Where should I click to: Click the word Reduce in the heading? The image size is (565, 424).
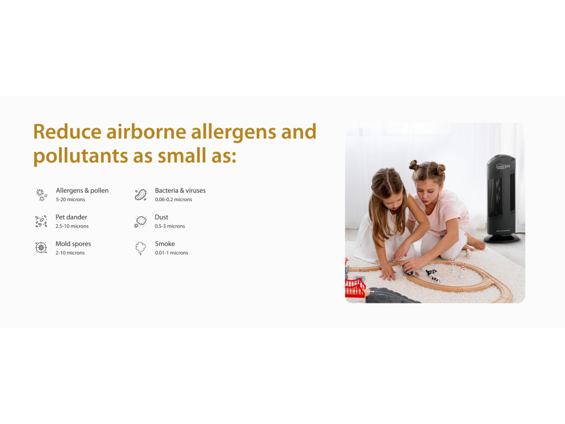click(67, 131)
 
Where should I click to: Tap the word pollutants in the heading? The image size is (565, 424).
click(81, 156)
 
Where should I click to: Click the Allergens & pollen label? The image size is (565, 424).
click(82, 190)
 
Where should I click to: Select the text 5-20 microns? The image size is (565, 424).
click(71, 199)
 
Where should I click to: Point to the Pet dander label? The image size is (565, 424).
click(71, 217)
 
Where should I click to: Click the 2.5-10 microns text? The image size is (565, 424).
click(72, 226)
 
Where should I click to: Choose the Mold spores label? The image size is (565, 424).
click(73, 244)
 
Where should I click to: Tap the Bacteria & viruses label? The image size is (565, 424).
click(180, 190)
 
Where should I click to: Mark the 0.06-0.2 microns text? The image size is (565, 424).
click(173, 199)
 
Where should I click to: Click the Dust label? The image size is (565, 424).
click(161, 217)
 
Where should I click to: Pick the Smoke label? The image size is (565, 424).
click(165, 244)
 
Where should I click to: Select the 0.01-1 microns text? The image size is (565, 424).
click(171, 253)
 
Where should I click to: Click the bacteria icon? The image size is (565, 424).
click(140, 195)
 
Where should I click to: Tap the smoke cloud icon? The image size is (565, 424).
click(140, 248)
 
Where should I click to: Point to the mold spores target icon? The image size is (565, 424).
click(41, 248)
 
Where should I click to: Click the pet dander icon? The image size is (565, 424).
click(41, 221)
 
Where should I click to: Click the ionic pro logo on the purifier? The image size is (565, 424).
click(503, 167)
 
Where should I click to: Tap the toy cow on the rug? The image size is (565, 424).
click(432, 276)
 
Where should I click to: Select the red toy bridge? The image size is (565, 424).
click(355, 287)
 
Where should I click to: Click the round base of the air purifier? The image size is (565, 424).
click(501, 239)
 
